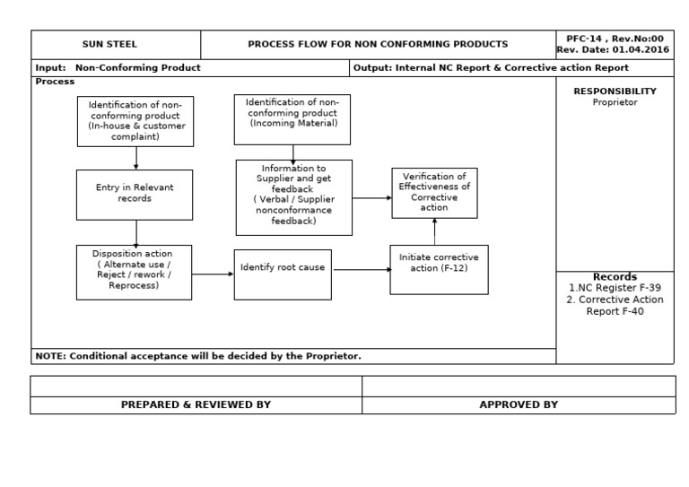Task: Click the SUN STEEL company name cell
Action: [x=116, y=44]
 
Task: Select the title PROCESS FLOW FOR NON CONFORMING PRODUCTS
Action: [x=377, y=44]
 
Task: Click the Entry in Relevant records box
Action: [x=135, y=194]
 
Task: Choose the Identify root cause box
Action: [x=283, y=274]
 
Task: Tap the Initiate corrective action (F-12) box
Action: [x=439, y=269]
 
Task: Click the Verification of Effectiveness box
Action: [x=434, y=192]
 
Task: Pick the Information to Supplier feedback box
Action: [x=293, y=196]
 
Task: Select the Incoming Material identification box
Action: [x=292, y=119]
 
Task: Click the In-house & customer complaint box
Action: [x=135, y=120]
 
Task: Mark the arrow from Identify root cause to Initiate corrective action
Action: [x=360, y=268]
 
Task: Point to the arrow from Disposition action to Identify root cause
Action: [x=213, y=274]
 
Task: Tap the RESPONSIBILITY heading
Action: [x=615, y=91]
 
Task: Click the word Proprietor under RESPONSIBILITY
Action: [x=615, y=102]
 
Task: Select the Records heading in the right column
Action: [x=615, y=277]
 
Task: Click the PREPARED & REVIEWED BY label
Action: [x=196, y=405]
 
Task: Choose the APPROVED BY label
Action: [x=519, y=405]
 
